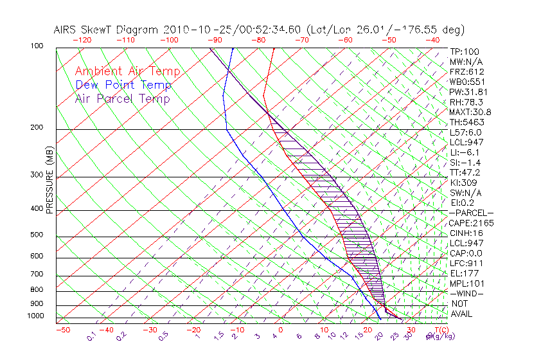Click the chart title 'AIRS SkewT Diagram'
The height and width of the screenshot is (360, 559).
pos(107,30)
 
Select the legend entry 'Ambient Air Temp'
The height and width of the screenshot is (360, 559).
pos(127,71)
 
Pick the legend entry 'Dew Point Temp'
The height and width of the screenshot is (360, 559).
pos(123,85)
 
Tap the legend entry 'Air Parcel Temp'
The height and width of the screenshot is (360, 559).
pos(122,98)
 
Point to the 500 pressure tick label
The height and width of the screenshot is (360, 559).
pos(37,235)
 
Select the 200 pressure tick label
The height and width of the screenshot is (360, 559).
pos(37,127)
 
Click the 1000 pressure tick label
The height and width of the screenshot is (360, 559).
pos(35,316)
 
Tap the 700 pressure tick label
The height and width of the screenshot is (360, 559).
pos(37,274)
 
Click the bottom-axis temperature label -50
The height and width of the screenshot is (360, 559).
pos(62,330)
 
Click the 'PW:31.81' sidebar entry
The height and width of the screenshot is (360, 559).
pos(468,92)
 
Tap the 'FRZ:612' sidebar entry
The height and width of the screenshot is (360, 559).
pos(467,72)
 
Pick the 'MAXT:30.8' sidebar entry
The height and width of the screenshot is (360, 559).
pos(471,113)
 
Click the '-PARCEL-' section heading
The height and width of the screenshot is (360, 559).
pos(471,213)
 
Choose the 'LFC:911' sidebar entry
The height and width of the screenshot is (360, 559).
pos(467,264)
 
